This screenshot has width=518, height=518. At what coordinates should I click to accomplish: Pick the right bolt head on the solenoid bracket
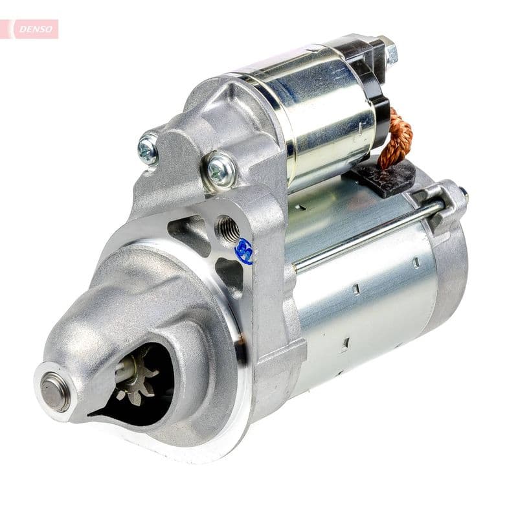(x=221, y=169)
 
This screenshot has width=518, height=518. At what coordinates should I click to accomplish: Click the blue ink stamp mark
(x=245, y=251)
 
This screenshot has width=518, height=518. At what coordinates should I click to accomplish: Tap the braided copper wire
(x=396, y=139)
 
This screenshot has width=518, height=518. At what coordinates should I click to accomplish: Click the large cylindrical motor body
(x=363, y=304)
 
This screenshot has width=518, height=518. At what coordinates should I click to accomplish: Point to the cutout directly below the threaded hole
(x=230, y=272)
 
